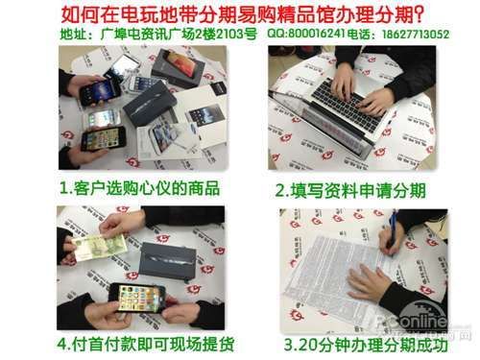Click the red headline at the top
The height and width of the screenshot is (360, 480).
tap(240, 13)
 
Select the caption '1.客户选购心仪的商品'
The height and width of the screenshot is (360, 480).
tap(139, 187)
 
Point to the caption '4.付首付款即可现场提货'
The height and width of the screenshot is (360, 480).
tap(144, 343)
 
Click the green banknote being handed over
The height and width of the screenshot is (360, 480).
tap(99, 247)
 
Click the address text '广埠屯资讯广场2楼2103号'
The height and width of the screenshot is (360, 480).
tap(172, 33)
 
